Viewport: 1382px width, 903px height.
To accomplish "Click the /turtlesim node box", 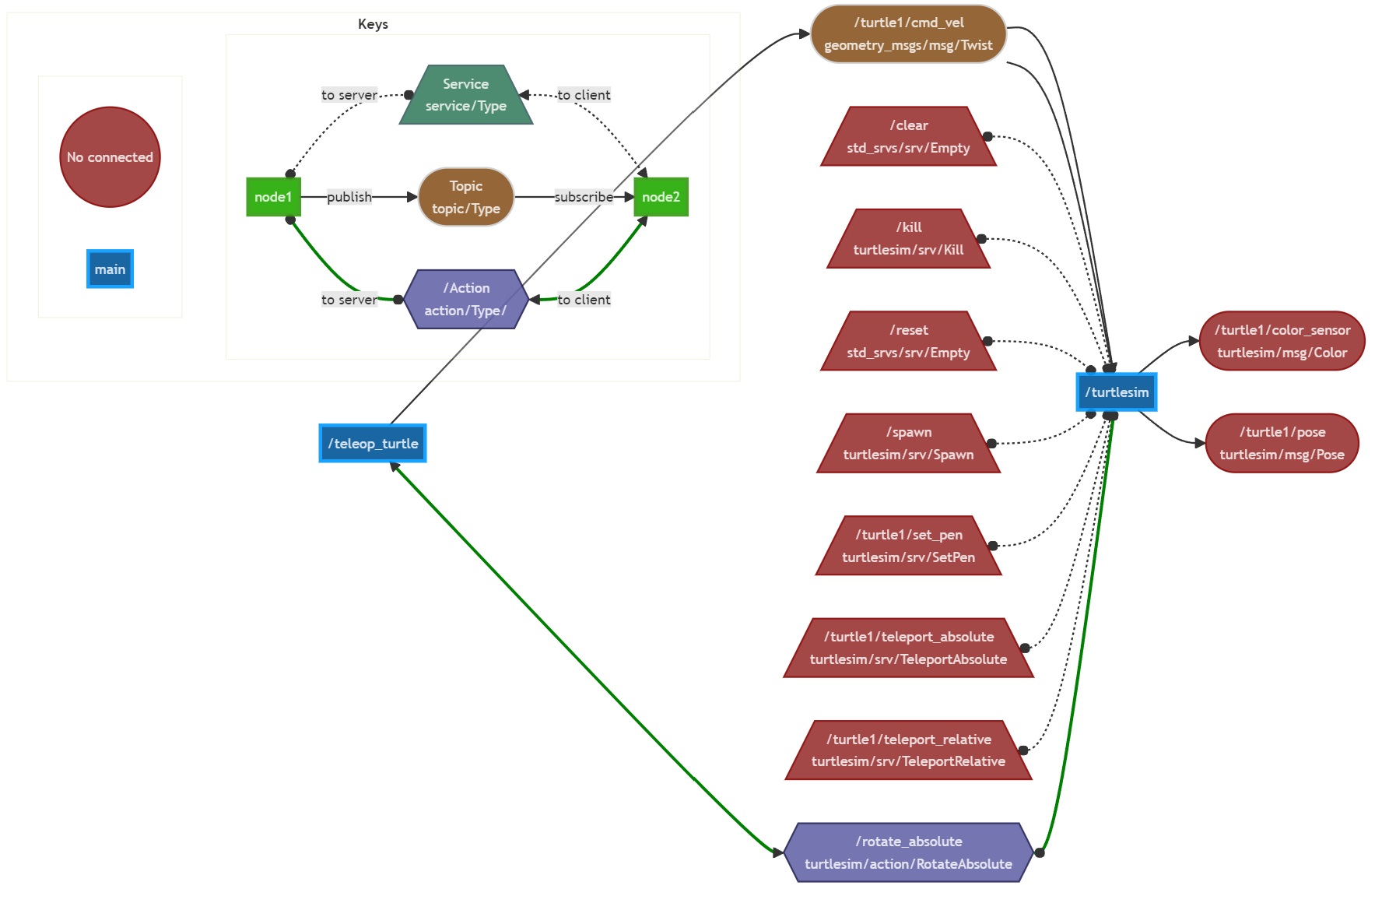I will click(1117, 392).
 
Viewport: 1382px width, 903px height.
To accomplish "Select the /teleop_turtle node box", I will click(373, 444).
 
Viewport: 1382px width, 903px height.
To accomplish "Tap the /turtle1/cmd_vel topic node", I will click(908, 34).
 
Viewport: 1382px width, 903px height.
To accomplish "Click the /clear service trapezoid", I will click(908, 137).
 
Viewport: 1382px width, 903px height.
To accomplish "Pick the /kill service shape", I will click(908, 239).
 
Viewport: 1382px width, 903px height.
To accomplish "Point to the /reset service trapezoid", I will click(908, 342).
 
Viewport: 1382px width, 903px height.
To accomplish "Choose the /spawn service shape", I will click(908, 444).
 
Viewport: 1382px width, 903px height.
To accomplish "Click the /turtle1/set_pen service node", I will click(908, 546).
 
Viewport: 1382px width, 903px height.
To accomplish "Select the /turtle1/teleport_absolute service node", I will click(908, 648).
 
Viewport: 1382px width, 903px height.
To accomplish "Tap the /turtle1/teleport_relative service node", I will click(908, 750).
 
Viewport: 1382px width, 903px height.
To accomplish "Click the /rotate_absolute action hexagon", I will click(908, 853).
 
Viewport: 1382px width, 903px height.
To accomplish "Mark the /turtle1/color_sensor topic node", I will click(1282, 342).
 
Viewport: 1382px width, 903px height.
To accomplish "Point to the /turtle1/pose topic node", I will click(1282, 444).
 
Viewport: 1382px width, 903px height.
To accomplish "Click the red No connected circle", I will click(110, 157).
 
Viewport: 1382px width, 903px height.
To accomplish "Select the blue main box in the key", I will click(110, 269).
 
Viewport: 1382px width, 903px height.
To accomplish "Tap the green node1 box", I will click(273, 197).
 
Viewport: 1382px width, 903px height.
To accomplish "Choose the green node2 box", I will click(661, 197).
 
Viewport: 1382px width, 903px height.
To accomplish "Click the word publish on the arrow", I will click(349, 197).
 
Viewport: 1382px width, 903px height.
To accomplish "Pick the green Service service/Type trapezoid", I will click(465, 95).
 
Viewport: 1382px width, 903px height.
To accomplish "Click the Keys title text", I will click(373, 24).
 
